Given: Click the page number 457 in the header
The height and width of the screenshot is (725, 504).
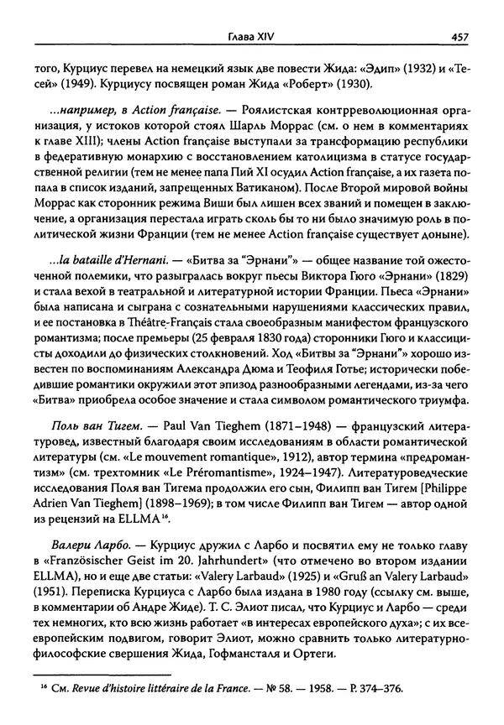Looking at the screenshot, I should click(x=459, y=36).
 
